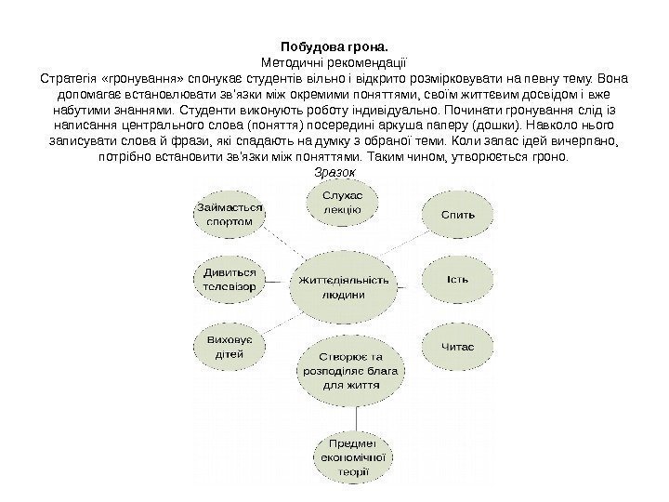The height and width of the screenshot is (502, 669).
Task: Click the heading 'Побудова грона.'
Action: [x=334, y=44]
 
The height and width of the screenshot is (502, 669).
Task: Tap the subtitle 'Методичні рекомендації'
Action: [x=334, y=59]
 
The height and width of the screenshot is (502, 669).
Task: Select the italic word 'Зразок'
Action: [x=334, y=173]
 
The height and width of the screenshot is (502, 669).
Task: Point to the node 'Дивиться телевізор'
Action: [x=229, y=281]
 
